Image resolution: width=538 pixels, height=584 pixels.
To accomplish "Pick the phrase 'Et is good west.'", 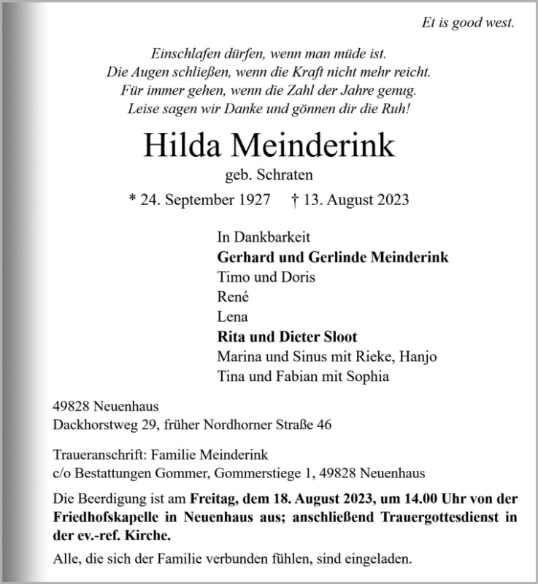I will (x=468, y=23).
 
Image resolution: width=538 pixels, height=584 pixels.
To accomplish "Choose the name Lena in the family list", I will (x=233, y=317).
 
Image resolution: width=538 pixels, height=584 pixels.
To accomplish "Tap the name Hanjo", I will (x=420, y=357).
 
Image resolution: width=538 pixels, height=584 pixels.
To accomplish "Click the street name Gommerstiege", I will (x=259, y=473).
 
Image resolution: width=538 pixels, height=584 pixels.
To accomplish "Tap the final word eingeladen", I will (x=381, y=560).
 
